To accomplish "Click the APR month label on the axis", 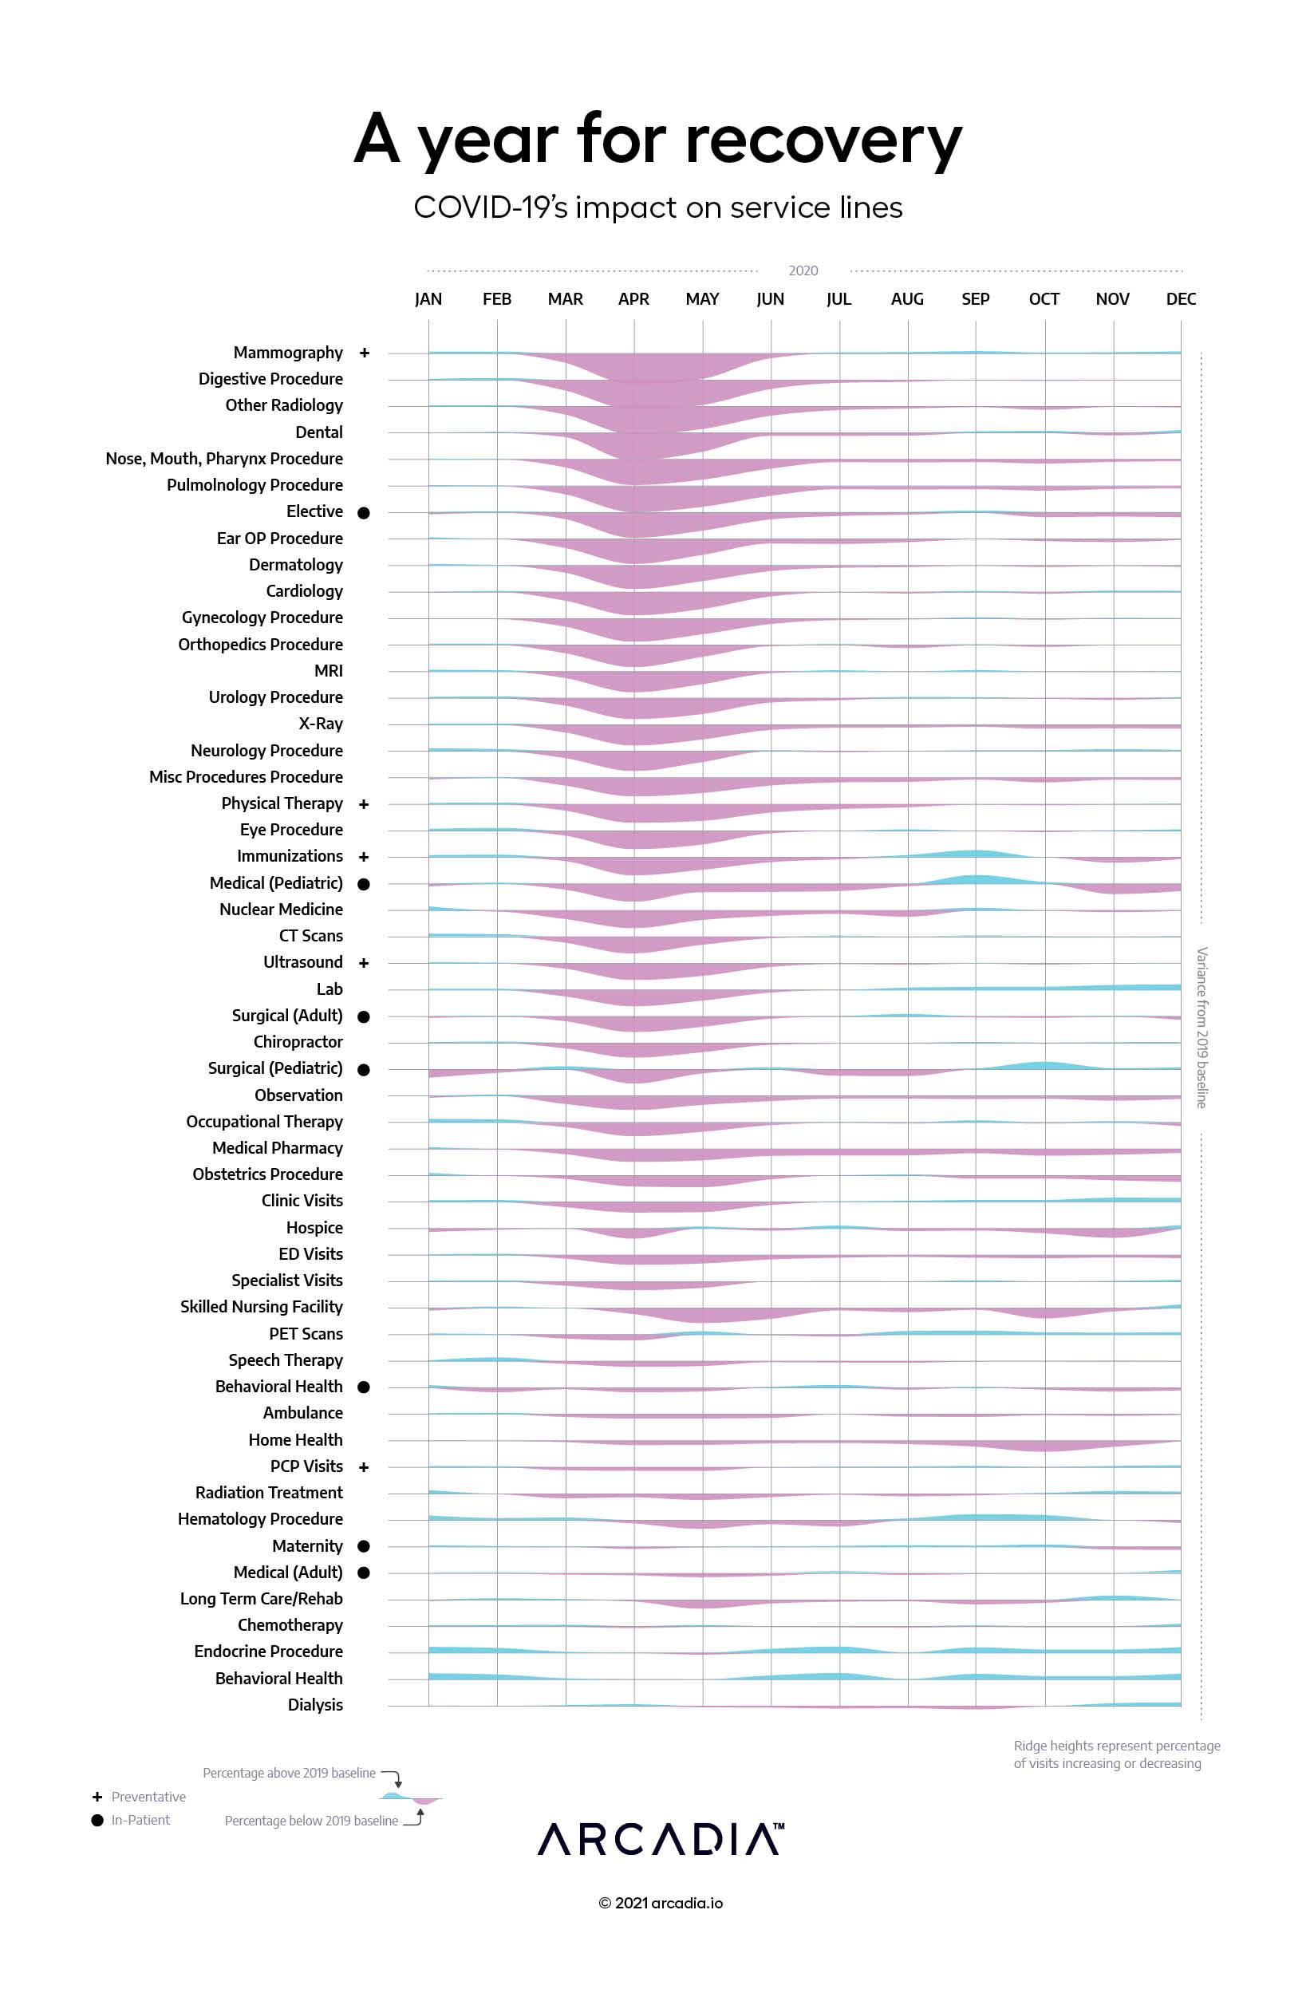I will pyautogui.click(x=633, y=299).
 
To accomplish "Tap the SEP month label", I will pyautogui.click(x=976, y=299).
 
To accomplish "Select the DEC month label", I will pyautogui.click(x=1181, y=299).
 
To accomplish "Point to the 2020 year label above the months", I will pyautogui.click(x=803, y=270).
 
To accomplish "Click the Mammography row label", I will pyautogui.click(x=287, y=353).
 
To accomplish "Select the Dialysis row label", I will pyautogui.click(x=315, y=1705).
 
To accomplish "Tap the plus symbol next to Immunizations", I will pyautogui.click(x=364, y=856).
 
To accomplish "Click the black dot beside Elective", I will pyautogui.click(x=364, y=513).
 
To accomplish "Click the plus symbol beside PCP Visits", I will pyautogui.click(x=364, y=1467).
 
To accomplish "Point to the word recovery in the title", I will pyautogui.click(x=824, y=140).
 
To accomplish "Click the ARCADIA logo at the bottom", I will pyautogui.click(x=661, y=1840).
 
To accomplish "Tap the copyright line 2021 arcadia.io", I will pyautogui.click(x=661, y=1904).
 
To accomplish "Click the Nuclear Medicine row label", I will pyautogui.click(x=281, y=909).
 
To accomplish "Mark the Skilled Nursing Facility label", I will pyautogui.click(x=262, y=1307).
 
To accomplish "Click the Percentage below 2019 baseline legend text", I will pyautogui.click(x=311, y=1821).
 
